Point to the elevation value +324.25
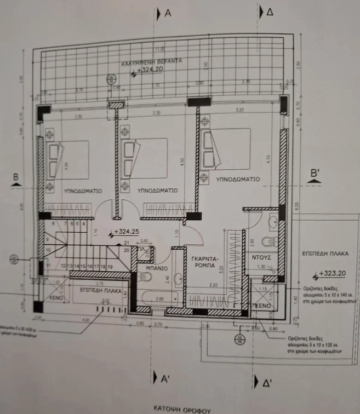[127, 232]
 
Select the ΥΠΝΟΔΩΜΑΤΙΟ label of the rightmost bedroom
[238, 179]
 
